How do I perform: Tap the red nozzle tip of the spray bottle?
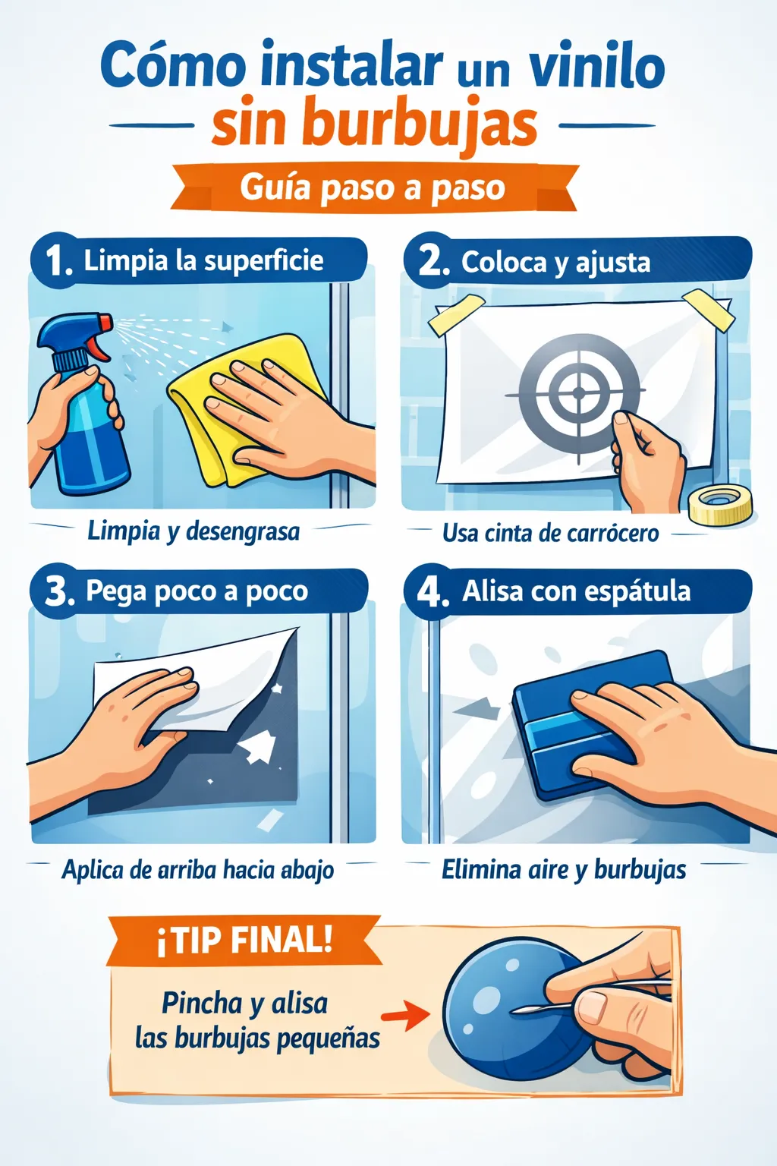pos(105,321)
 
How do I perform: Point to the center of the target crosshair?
pos(579,392)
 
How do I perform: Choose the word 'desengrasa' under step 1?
pos(243,532)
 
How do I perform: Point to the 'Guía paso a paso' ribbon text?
pos(373,188)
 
